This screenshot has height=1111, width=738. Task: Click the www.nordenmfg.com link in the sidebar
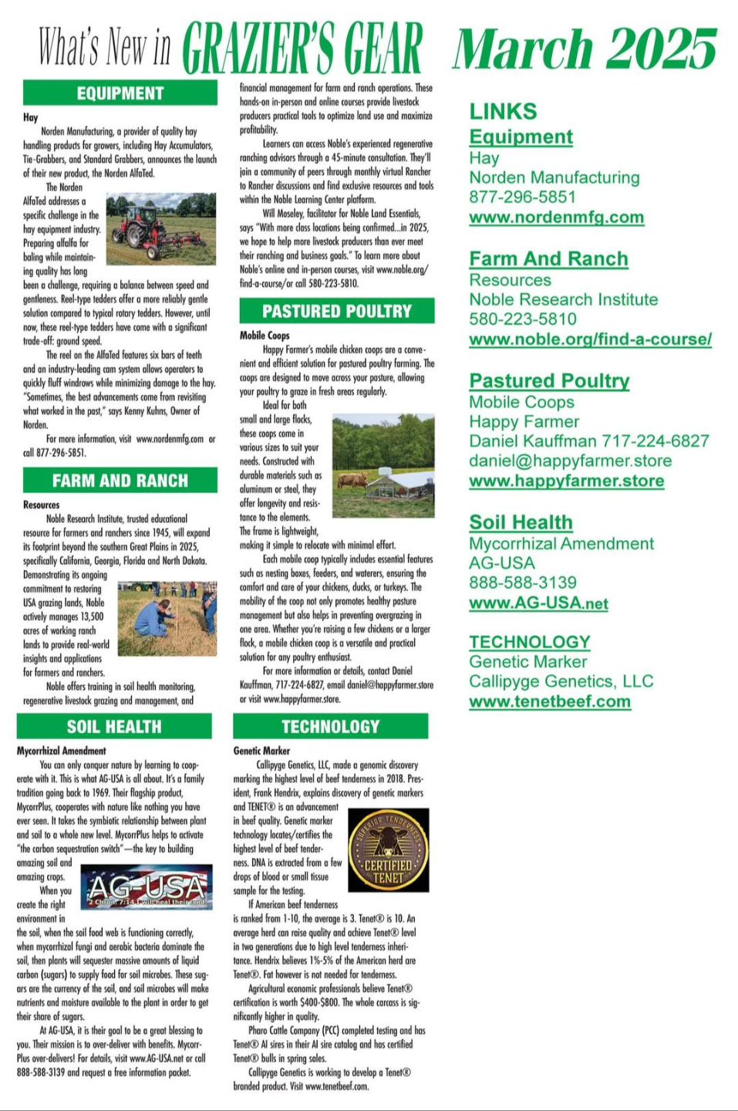pos(556,218)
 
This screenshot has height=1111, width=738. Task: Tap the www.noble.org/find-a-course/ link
pos(590,339)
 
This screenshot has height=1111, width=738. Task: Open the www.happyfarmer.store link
pos(566,481)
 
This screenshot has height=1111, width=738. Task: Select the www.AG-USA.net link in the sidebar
pos(538,603)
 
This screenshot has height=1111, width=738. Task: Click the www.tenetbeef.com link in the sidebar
pos(550,701)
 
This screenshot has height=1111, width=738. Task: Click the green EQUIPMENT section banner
pos(120,93)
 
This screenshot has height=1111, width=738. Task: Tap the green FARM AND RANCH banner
pos(120,481)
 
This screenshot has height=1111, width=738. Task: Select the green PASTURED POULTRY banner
pos(336,312)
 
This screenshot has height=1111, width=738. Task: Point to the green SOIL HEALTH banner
pos(114,726)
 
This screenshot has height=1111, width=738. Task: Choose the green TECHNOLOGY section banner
pos(330,726)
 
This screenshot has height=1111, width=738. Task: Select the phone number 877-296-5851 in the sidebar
pos(522,197)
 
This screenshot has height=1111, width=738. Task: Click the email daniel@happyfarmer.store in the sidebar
pos(570,461)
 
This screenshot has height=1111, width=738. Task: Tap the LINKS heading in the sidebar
pos(503,112)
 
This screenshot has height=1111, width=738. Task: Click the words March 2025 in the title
pos(584,48)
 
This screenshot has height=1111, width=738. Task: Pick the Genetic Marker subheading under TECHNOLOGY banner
pos(261,750)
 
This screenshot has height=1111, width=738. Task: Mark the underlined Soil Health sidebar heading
pos(521,522)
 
